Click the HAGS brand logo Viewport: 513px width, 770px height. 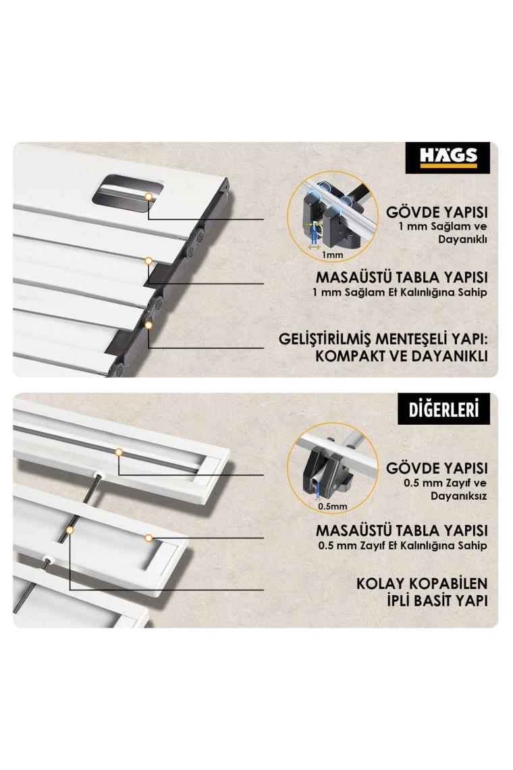[448, 157]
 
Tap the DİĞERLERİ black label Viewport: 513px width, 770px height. [443, 409]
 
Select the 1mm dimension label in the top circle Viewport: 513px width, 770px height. [332, 255]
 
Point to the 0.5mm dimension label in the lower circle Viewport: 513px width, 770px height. [332, 507]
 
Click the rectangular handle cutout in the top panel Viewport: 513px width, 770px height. [128, 192]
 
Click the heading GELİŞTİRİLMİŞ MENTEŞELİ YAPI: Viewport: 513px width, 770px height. [383, 339]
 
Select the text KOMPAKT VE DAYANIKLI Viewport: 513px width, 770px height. [402, 356]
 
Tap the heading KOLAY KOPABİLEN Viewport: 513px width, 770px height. [422, 584]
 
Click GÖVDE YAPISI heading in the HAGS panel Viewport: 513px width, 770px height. [437, 213]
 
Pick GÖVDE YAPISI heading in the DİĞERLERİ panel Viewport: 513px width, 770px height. [437, 468]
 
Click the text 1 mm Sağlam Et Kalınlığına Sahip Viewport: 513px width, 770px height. [399, 292]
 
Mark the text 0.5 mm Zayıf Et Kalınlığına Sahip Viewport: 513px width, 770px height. [402, 545]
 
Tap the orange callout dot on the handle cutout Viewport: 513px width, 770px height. [148, 196]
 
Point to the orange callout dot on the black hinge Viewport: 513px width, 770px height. [148, 325]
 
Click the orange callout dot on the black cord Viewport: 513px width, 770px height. [70, 530]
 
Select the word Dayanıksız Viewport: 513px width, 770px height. [458, 496]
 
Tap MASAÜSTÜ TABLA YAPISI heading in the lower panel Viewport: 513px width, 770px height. [402, 531]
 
